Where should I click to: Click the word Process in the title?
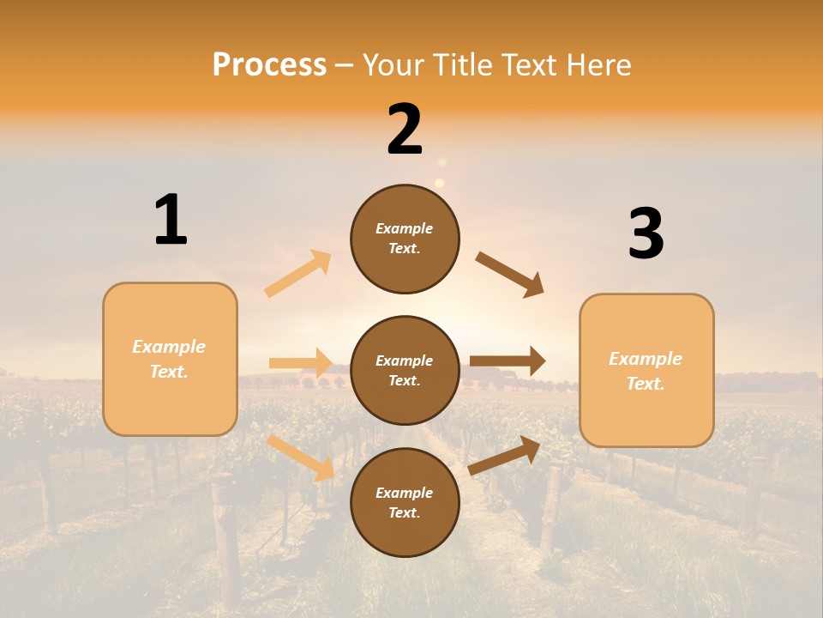[269, 65]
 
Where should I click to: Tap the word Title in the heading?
[460, 65]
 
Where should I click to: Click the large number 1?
[171, 220]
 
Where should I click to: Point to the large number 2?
[405, 130]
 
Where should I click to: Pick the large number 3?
[646, 233]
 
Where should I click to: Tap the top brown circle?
[405, 239]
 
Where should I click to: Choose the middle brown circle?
[405, 370]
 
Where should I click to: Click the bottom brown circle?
[405, 502]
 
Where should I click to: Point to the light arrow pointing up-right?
[298, 274]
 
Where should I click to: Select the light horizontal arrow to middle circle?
[300, 363]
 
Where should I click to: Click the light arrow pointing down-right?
[301, 457]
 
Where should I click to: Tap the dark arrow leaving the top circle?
[510, 275]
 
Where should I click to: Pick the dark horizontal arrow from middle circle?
[508, 361]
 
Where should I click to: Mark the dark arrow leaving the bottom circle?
[504, 456]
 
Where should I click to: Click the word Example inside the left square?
[169, 347]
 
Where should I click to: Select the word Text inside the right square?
[645, 384]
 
